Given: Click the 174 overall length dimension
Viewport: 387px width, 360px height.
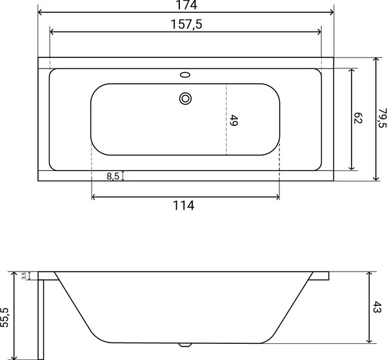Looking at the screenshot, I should (185, 5).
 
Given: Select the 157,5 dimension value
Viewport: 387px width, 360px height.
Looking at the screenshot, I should (185, 24).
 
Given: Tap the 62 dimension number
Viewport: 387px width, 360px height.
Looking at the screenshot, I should (359, 118).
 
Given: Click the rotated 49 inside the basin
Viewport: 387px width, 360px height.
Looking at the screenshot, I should (234, 120).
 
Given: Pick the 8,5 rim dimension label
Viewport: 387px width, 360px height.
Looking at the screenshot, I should (112, 175).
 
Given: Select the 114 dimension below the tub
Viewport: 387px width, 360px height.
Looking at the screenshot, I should (184, 206).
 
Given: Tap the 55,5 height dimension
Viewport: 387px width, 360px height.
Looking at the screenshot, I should (6, 315).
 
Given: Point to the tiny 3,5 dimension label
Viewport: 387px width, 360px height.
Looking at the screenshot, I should (24, 275).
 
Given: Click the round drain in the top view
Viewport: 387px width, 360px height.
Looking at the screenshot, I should (186, 99).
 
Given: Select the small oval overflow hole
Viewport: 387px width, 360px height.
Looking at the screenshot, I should (186, 74).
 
